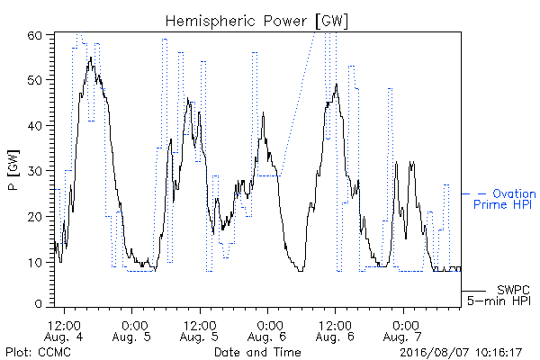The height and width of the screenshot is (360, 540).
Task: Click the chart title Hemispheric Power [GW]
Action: (x=256, y=21)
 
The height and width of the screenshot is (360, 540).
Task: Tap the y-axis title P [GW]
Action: (x=13, y=170)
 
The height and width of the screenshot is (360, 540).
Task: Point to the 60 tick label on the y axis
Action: (x=34, y=35)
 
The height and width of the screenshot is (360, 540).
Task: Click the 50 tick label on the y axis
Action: (x=34, y=80)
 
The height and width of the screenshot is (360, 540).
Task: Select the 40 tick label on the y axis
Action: (x=34, y=126)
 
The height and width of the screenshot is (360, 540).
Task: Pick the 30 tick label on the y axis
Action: (x=34, y=171)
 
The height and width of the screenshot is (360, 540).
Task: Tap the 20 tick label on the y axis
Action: (x=34, y=217)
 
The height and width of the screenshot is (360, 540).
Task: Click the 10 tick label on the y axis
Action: (x=34, y=263)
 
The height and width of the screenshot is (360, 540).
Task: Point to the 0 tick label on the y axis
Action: (x=38, y=304)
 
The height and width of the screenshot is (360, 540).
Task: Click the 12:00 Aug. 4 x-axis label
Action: (x=64, y=330)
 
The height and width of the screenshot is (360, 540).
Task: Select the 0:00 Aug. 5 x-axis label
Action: (x=132, y=330)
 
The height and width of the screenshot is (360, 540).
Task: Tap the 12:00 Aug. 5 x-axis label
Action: (x=200, y=330)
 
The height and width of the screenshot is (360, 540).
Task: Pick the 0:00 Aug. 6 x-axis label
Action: (x=267, y=330)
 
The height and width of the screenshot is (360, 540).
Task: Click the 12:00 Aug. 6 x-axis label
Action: (x=335, y=330)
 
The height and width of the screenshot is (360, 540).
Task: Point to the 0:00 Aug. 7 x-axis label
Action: (x=403, y=330)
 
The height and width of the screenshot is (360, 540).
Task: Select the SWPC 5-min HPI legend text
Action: (x=499, y=295)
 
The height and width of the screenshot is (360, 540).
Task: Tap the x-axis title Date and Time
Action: (x=257, y=352)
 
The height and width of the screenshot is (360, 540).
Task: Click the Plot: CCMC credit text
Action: (x=38, y=352)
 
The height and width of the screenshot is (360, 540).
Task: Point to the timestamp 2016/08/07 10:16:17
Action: (x=461, y=353)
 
